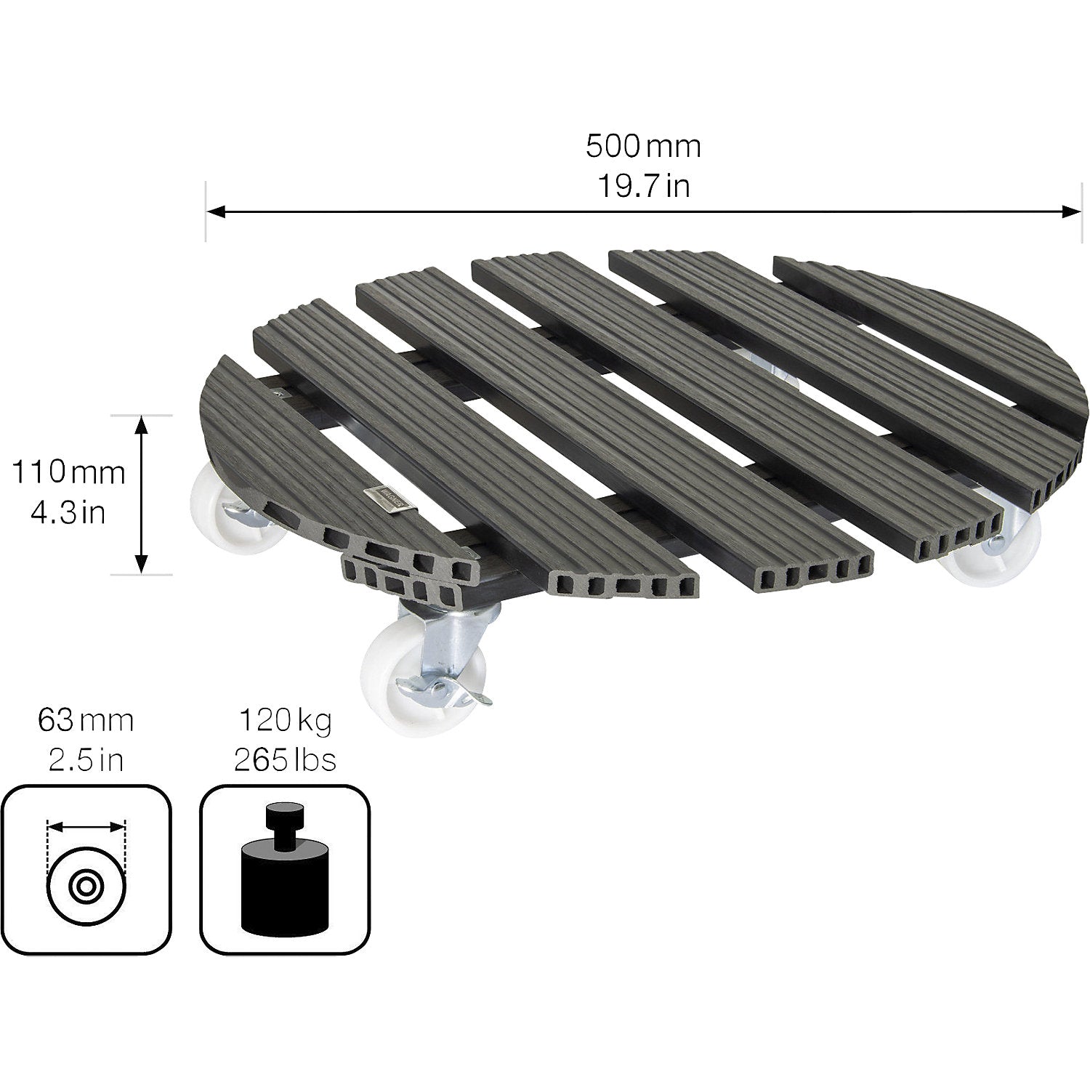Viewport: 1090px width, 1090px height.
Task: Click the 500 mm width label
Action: [x=644, y=146]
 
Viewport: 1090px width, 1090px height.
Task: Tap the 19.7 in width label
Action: [x=644, y=187]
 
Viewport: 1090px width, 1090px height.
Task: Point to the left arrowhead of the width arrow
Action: [x=215, y=211]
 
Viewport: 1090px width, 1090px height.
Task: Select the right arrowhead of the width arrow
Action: [x=1073, y=211]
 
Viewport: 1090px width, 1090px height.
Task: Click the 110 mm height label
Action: [x=68, y=473]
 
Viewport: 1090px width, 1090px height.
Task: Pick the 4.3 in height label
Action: [x=68, y=513]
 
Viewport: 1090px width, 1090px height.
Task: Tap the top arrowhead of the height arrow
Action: [x=142, y=425]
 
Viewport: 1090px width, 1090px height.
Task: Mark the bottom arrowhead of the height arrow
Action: [x=142, y=564]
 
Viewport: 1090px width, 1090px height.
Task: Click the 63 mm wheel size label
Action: [x=86, y=722]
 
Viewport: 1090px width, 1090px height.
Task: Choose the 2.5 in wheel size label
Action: [x=86, y=760]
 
